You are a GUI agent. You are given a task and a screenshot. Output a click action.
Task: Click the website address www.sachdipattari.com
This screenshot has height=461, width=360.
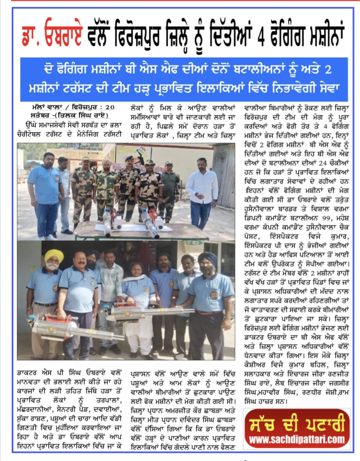[297, 439]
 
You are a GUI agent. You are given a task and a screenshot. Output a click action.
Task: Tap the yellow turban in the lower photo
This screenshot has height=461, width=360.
[54, 256]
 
